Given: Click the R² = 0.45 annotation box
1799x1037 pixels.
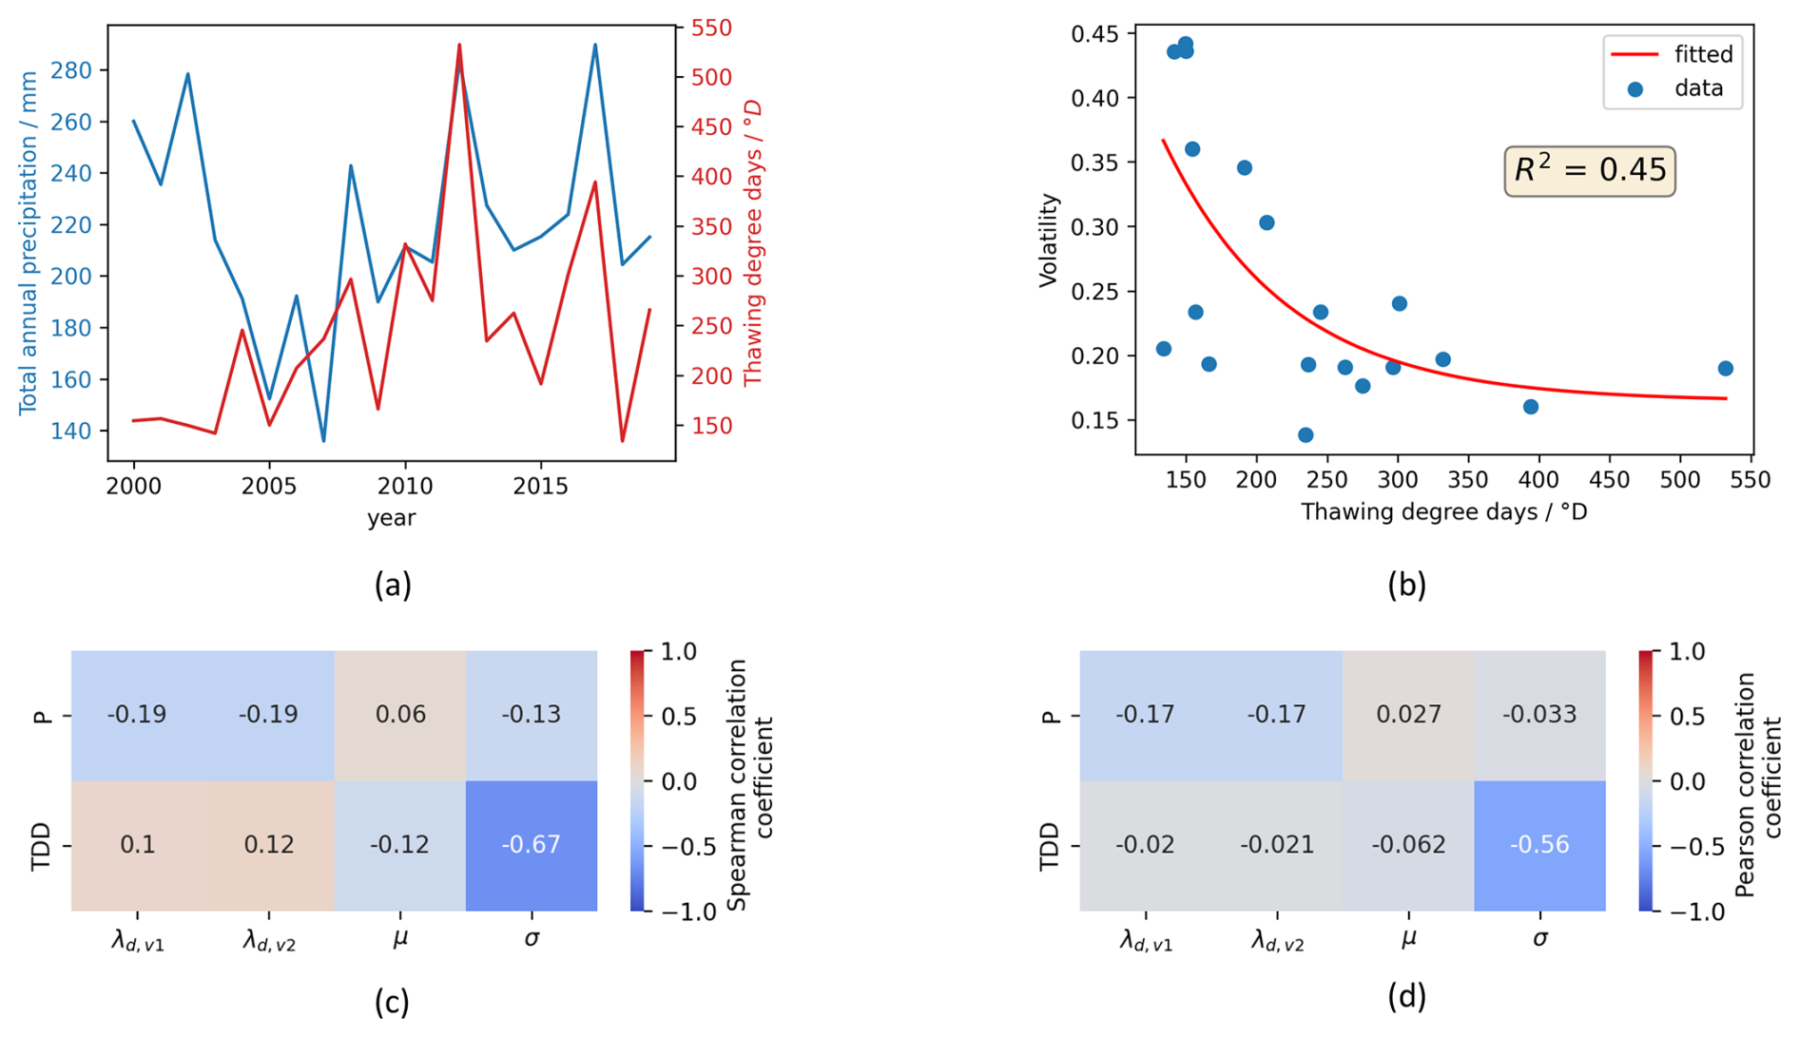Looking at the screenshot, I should click(1589, 171).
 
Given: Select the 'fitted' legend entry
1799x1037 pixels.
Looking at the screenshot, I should click(1673, 54).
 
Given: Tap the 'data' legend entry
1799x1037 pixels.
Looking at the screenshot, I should click(1673, 88).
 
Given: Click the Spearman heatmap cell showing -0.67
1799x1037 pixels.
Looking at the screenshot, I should click(531, 845).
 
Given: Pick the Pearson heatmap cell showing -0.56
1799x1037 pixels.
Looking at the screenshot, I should click(1539, 845).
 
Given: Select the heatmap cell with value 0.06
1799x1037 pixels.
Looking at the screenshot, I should click(400, 715).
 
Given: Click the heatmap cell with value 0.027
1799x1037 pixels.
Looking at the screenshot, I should click(1408, 715).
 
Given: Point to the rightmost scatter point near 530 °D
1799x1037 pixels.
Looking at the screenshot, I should click(1726, 369).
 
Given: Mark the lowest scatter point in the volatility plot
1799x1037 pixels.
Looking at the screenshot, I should click(1306, 435).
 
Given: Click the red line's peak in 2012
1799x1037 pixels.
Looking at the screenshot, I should click(459, 45).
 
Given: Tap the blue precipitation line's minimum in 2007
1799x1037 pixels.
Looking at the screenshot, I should click(323, 441).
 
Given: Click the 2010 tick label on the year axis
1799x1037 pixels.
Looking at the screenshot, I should click(405, 487).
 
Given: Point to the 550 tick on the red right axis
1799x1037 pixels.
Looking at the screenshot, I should click(710, 29).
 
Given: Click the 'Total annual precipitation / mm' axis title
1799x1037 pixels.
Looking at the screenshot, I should click(29, 242).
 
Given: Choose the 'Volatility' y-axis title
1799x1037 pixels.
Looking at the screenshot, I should click(1048, 240).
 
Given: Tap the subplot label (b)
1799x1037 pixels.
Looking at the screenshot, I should click(1406, 585).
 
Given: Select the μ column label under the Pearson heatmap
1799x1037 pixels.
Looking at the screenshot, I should click(1408, 939).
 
